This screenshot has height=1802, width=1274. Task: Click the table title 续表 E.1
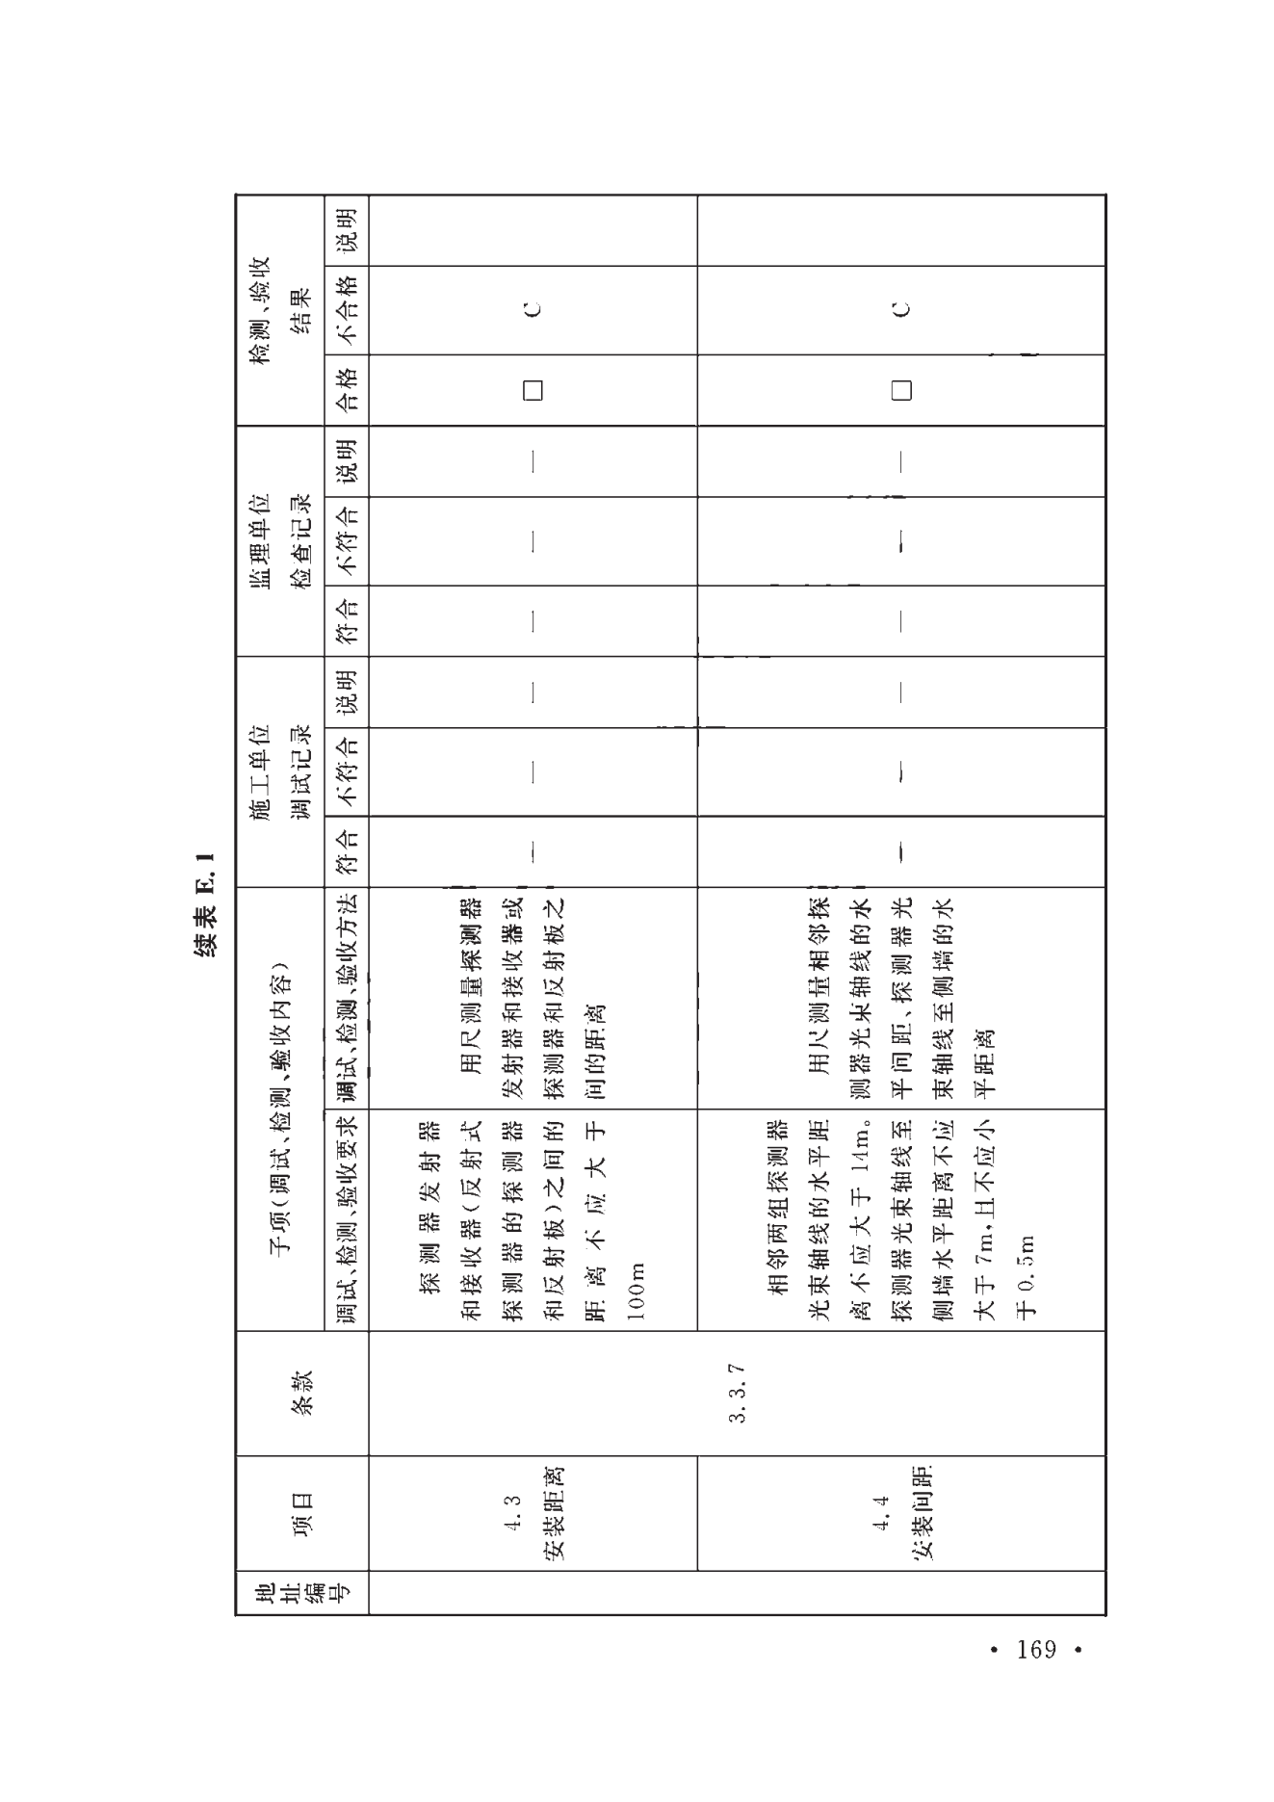(205, 903)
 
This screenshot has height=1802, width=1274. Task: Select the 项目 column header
(301, 1514)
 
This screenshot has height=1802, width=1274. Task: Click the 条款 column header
(301, 1393)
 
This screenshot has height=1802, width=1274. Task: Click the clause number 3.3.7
(738, 1393)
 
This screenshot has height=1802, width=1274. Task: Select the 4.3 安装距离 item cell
(533, 1513)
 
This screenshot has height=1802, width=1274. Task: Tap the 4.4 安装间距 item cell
(901, 1513)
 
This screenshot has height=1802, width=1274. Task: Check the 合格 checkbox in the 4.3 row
(533, 390)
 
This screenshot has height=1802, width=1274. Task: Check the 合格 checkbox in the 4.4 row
(901, 390)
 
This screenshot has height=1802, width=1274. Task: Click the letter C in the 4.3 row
(533, 309)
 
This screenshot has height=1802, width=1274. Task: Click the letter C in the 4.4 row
(901, 309)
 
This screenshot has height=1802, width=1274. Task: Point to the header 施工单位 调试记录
(280, 771)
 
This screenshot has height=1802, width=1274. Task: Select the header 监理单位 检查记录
(280, 540)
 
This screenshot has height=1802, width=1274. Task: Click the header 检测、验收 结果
(280, 309)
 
